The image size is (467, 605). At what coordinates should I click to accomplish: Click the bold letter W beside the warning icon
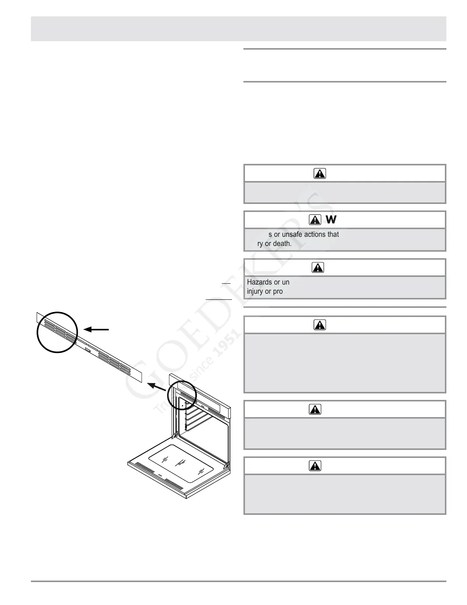331,220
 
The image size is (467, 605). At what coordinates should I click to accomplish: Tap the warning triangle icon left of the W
315,220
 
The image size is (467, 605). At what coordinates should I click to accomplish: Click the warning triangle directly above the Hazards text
317,268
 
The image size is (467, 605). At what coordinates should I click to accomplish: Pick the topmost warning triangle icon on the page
319,174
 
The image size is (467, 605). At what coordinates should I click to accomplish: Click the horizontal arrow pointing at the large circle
97,329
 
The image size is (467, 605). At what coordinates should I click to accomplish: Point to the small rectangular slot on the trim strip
88,350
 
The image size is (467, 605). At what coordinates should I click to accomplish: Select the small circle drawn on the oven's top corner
182,395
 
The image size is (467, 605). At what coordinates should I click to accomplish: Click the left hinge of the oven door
175,435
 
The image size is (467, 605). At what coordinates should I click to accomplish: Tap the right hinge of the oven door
227,466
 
